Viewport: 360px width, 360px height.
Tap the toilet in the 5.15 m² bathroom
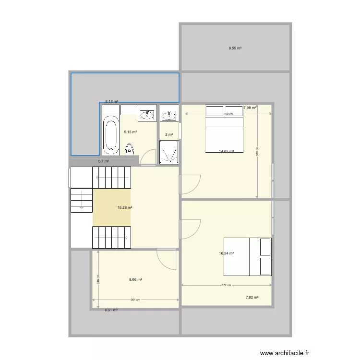tap(129, 150)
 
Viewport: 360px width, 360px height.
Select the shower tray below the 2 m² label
tap(168, 153)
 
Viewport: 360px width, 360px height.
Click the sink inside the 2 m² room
tap(168, 115)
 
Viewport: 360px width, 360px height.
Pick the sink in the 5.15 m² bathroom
tap(146, 115)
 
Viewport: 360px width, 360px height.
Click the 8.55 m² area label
tap(235, 48)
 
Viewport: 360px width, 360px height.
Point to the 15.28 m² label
tap(125, 208)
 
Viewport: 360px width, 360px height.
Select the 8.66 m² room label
tap(135, 279)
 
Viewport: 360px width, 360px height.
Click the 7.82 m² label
tap(252, 298)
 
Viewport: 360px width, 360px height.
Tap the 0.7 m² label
tap(104, 161)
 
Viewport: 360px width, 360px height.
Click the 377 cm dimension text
tap(226, 285)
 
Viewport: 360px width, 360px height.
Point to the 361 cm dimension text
tap(135, 300)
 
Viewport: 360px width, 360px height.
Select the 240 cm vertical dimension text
tap(98, 279)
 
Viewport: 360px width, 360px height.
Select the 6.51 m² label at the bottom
tap(111, 310)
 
